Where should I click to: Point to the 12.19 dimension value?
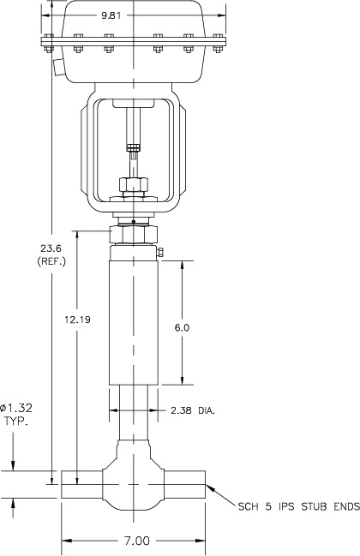tap(78, 319)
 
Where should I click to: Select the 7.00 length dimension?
tap(136, 541)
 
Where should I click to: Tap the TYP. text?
tap(15, 423)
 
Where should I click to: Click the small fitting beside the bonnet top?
tap(159, 251)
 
